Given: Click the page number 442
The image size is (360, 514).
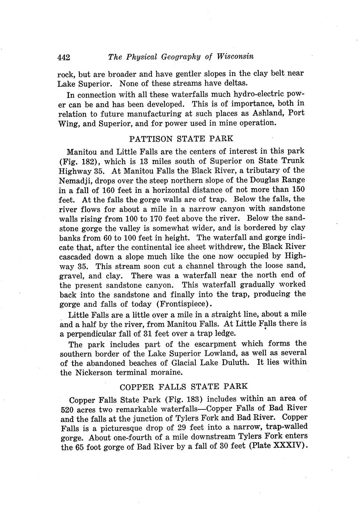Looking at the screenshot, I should point(64,57).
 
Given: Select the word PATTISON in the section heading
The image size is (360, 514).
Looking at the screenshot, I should point(151,139).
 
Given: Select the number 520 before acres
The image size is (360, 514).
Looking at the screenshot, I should point(67,409).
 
